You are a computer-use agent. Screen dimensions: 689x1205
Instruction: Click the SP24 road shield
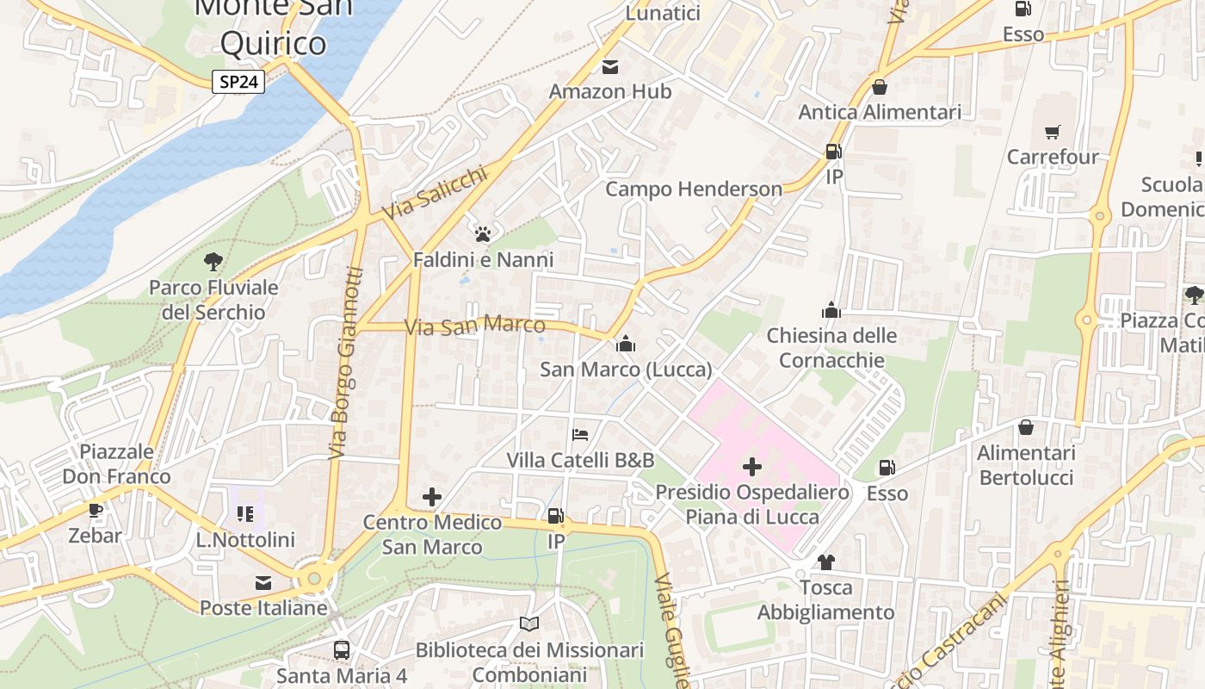point(238,82)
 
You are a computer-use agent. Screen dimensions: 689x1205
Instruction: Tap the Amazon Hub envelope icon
point(610,67)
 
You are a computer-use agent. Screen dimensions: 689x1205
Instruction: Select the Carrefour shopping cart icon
point(1053,132)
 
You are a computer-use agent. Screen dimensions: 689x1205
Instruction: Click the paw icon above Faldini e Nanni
point(483,233)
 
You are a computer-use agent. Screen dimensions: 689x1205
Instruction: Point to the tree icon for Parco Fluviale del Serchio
point(213,261)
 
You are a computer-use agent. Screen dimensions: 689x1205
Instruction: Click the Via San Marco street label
point(475,326)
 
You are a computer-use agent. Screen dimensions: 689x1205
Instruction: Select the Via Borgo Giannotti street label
point(345,363)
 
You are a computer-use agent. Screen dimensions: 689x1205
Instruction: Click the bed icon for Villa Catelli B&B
point(580,434)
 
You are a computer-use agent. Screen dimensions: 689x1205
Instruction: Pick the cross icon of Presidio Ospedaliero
point(751,467)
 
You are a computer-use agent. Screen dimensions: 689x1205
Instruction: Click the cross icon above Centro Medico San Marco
point(432,497)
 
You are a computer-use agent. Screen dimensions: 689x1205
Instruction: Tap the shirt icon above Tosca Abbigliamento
point(825,562)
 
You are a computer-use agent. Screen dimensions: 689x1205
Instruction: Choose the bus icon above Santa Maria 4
point(342,649)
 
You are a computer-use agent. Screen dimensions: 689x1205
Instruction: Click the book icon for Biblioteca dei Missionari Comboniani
point(528,624)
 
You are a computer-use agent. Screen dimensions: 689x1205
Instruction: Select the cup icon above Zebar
point(95,510)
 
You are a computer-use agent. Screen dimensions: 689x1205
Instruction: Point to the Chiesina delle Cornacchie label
point(831,347)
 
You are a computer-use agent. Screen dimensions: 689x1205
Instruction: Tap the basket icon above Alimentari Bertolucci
point(1026,427)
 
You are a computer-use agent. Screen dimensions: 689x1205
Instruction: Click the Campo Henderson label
point(694,189)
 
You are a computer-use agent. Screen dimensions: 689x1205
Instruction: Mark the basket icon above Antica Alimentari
point(880,87)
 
